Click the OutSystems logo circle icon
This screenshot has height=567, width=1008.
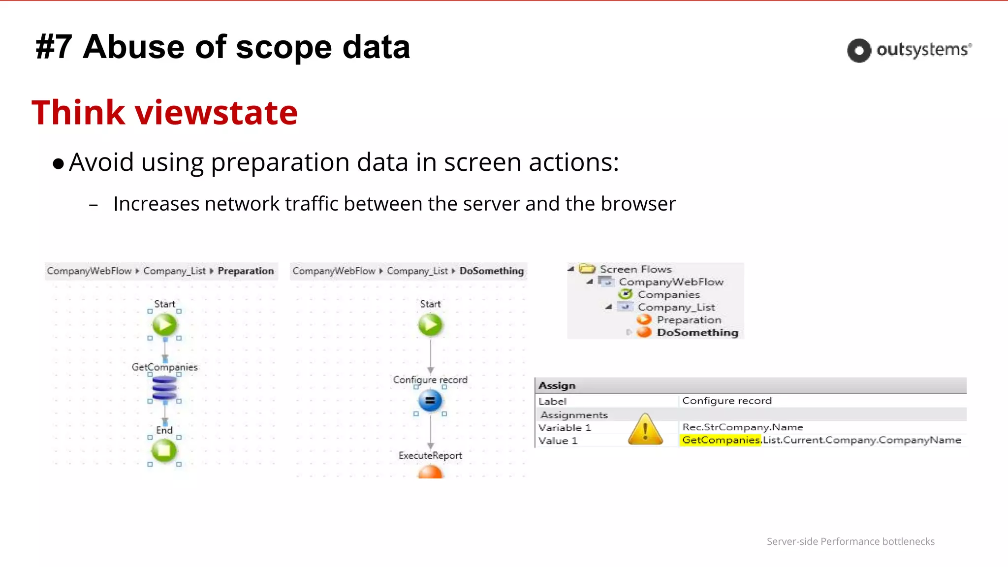(859, 50)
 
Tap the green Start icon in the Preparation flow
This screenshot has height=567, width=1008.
(164, 325)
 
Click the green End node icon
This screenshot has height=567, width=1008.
(164, 450)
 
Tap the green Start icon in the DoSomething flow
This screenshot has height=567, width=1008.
(430, 325)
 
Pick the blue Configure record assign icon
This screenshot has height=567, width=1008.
(430, 401)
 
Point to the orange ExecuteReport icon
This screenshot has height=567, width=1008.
(430, 472)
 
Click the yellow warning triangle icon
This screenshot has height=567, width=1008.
(645, 430)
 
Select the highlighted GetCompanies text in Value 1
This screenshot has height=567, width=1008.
(721, 440)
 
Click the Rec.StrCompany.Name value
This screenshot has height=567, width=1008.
(742, 427)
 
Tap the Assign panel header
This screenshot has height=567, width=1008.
(557, 385)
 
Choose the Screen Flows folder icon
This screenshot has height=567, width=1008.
(587, 269)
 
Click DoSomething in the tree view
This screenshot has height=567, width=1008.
(697, 332)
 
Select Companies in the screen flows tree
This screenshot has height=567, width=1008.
(668, 294)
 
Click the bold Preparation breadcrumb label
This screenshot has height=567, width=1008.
(246, 271)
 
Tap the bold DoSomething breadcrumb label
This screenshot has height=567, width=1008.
(491, 271)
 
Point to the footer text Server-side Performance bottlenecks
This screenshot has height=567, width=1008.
(850, 541)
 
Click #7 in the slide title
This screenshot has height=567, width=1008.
(54, 47)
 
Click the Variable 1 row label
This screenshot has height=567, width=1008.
(565, 428)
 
